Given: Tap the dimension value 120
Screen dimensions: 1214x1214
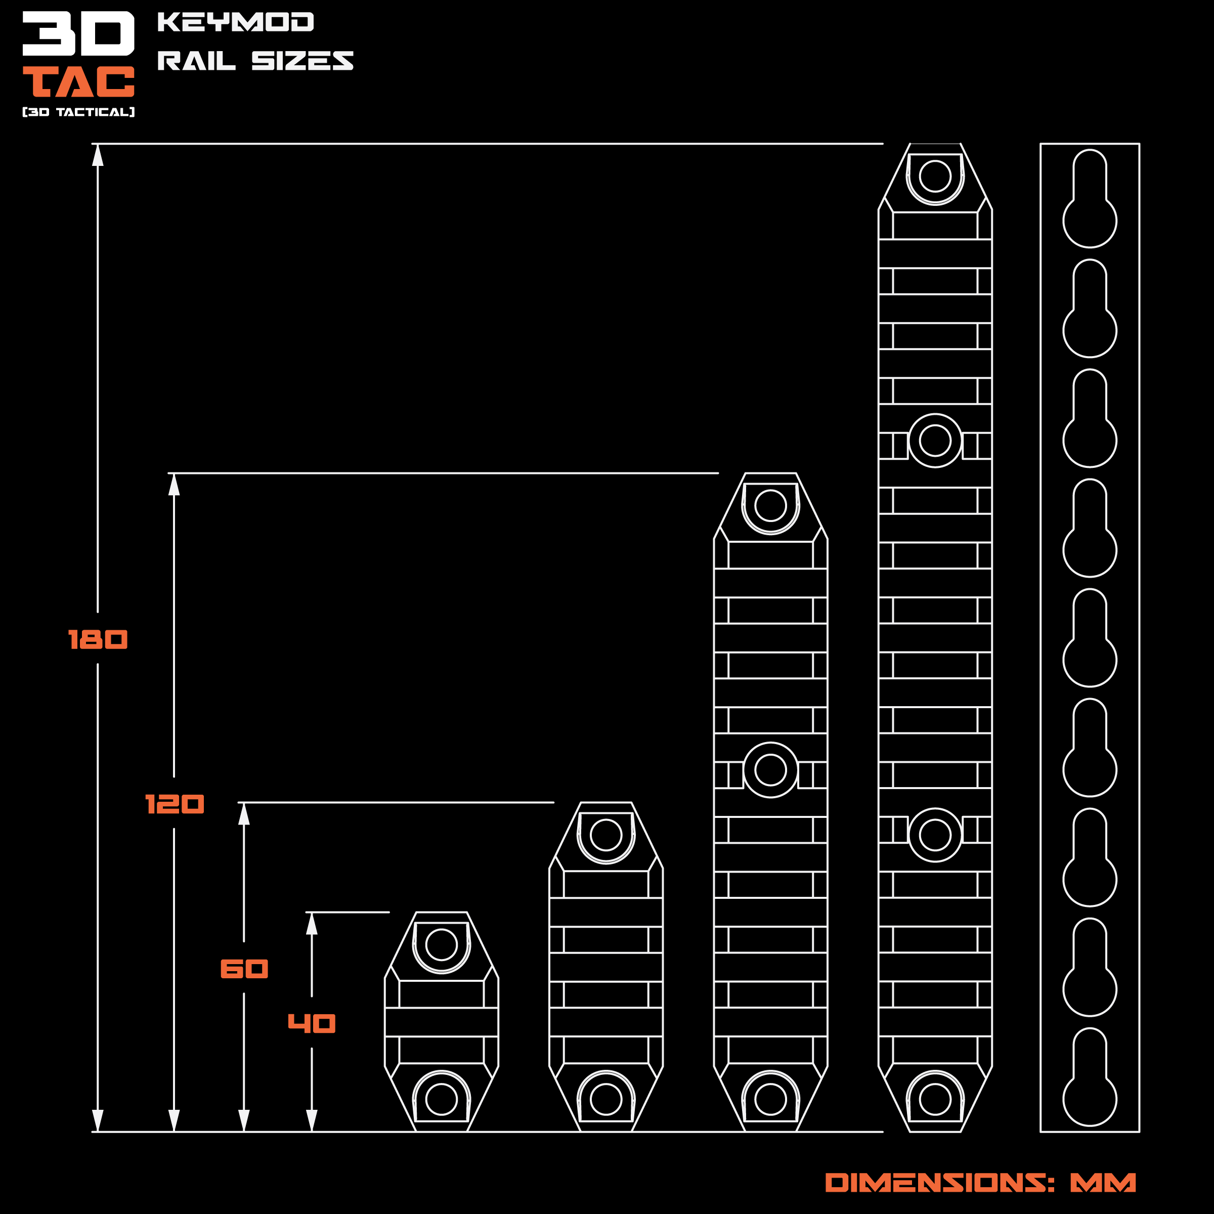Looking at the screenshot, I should click(x=174, y=804).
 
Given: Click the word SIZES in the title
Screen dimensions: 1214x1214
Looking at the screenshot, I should click(x=302, y=61).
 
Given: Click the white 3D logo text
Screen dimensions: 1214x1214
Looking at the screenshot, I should click(x=78, y=33).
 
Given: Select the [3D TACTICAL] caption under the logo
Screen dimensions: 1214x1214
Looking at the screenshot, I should click(x=78, y=112).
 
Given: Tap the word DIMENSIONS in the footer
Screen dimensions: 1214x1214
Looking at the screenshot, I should click(x=939, y=1183).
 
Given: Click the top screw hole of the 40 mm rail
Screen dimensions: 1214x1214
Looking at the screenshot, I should click(x=441, y=944).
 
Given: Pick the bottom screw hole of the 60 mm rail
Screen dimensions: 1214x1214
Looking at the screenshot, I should click(x=606, y=1099).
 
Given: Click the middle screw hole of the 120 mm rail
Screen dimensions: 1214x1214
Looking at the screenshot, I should click(x=770, y=770).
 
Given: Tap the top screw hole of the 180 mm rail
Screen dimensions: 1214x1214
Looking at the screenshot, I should click(x=935, y=176).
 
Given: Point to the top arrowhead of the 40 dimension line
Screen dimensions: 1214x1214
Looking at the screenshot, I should click(x=312, y=924).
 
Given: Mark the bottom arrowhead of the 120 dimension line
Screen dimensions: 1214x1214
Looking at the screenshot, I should click(x=174, y=1120).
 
